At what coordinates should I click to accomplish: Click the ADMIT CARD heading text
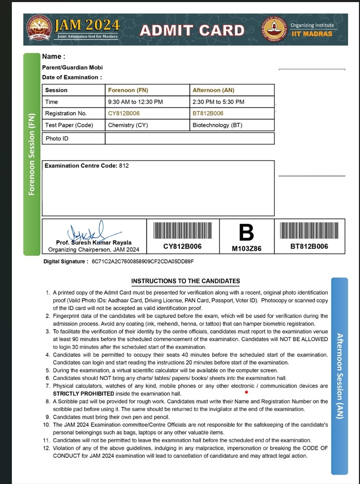point(192,30)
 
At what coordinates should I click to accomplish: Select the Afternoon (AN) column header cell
point(213,90)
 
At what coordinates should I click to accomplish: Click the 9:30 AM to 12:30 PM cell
point(135,102)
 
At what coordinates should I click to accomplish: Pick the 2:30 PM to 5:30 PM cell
point(218,102)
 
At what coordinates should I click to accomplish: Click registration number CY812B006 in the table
point(124,113)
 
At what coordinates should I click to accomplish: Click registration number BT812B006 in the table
point(208,113)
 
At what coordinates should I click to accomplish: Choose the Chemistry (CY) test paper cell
point(128,125)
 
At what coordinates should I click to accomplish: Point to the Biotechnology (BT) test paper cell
point(217,125)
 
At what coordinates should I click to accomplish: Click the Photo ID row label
point(57,139)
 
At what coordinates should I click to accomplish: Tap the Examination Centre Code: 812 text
point(87,166)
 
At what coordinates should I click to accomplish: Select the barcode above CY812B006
point(182,230)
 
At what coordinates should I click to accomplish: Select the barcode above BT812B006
point(309,230)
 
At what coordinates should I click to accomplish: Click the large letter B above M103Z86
point(247,233)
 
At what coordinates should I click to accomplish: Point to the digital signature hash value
point(143,262)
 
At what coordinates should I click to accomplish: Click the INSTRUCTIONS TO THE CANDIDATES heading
point(185,281)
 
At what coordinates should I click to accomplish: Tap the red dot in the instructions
point(247,392)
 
